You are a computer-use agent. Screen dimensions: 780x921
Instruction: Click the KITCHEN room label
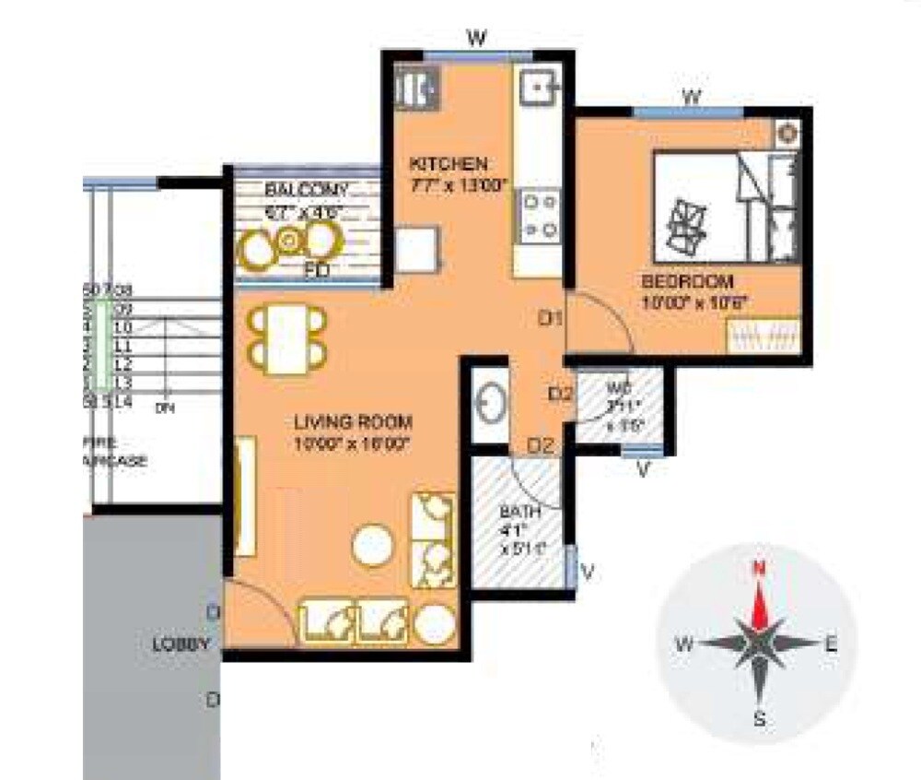448,164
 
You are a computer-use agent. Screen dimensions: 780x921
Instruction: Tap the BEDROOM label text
687,281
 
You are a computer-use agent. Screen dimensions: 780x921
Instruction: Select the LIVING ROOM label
353,423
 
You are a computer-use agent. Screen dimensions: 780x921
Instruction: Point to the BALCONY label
307,190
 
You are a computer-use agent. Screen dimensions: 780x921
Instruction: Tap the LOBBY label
181,644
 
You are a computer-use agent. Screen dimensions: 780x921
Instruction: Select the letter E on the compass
831,645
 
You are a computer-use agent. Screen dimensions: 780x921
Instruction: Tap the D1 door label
551,319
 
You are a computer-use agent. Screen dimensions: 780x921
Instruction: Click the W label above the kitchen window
476,38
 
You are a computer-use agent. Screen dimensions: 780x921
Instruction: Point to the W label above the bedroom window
692,96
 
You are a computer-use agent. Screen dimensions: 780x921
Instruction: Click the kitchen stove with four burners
539,216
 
